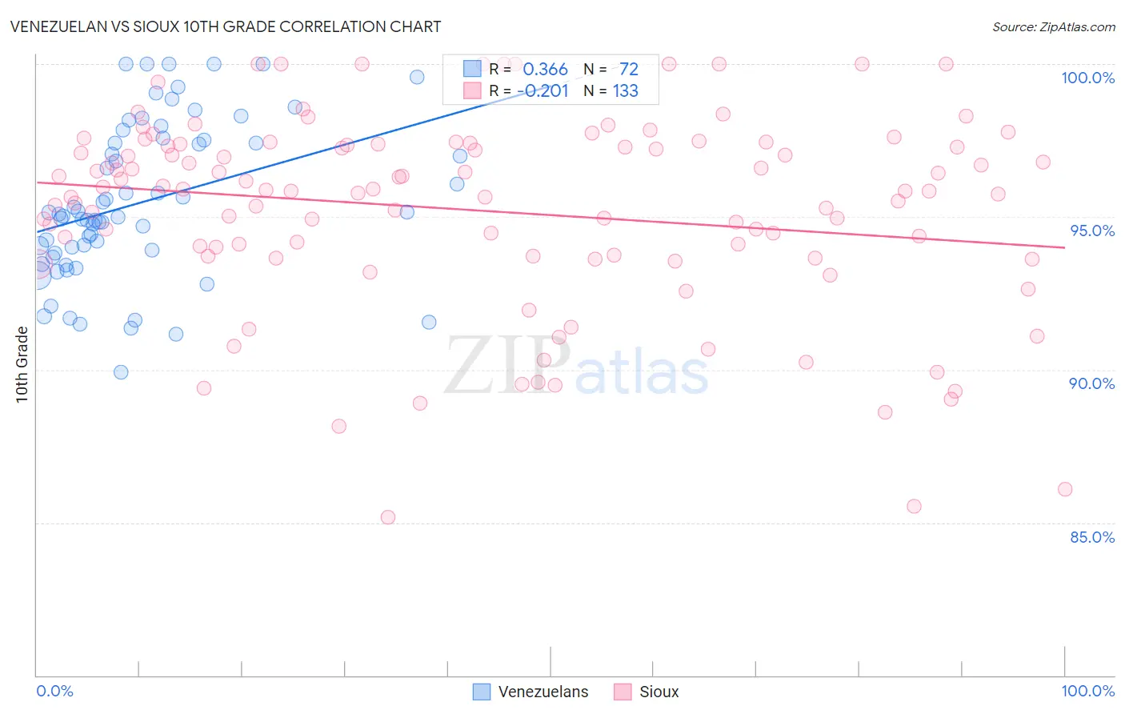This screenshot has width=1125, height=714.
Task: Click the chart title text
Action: coord(226,26)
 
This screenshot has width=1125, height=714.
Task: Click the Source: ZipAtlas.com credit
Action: coord(1053,26)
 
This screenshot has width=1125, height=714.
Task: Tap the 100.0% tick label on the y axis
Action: coord(1087,78)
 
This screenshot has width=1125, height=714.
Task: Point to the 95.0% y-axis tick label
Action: coord(1092,231)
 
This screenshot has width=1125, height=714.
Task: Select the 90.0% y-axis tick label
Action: coord(1091,383)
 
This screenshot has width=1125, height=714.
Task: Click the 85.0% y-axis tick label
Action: coord(1092,537)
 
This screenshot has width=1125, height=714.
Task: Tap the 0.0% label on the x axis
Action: coord(54,691)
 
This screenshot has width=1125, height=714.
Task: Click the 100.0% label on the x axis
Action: coord(1087,691)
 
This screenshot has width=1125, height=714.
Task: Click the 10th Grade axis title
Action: coord(22,364)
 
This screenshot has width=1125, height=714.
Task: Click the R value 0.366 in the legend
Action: coord(545,70)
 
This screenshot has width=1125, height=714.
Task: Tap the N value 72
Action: coord(629,70)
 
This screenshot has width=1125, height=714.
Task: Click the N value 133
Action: coord(626,91)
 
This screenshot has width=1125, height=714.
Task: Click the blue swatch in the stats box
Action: coord(472,69)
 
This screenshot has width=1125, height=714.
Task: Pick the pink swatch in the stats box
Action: coord(472,90)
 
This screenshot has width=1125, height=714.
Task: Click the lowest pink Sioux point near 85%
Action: coord(388,517)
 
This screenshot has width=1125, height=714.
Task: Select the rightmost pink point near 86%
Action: coord(1065,489)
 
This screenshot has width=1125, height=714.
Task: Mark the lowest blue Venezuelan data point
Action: coord(121,372)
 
